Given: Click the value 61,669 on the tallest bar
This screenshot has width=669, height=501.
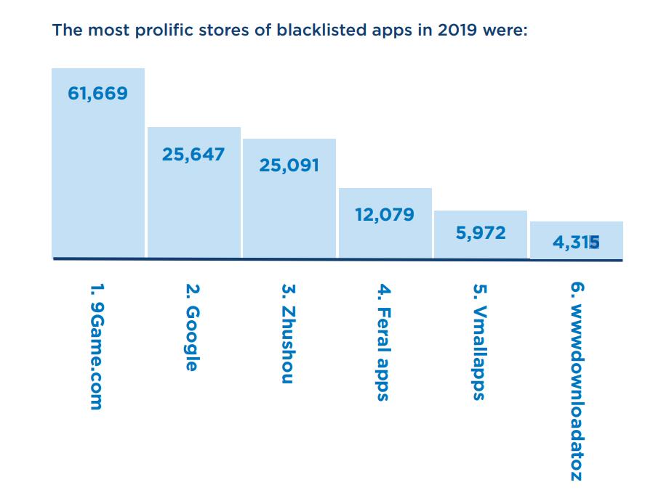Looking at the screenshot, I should click(97, 93).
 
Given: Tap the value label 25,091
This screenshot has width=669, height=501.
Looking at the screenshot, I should click(289, 166).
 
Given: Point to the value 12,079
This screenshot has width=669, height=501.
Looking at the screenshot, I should click(385, 214).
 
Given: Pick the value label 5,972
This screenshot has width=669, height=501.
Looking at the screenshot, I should click(481, 234).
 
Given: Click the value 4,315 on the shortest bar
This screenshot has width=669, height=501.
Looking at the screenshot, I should click(576, 243).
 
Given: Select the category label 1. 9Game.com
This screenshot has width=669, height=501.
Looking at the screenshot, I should click(95, 346).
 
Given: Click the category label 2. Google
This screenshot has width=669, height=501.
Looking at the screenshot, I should click(191, 327).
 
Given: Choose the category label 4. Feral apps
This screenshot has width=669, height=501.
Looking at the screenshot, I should click(383, 342).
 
